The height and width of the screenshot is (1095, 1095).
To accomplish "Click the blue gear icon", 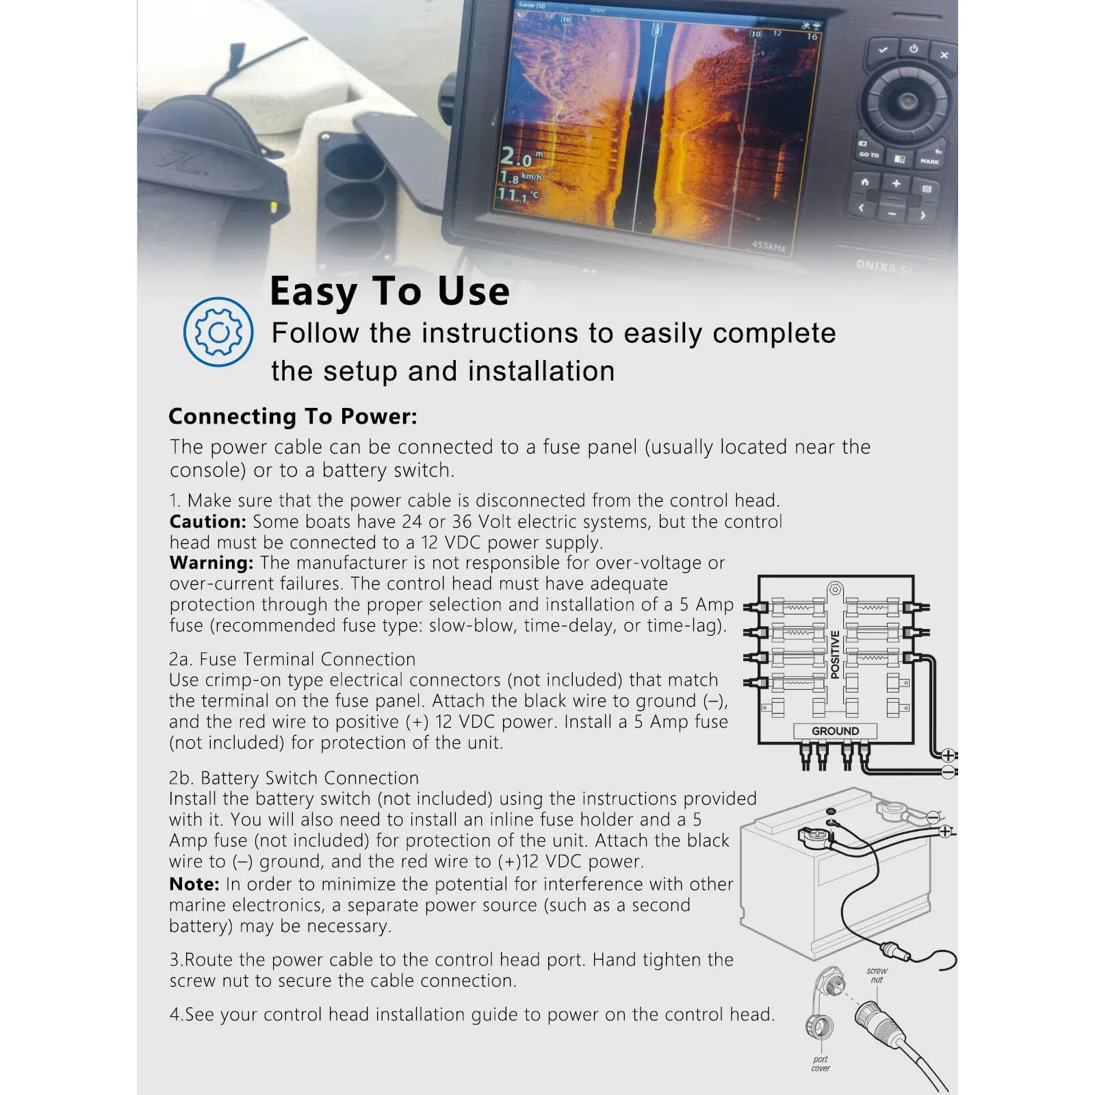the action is tap(218, 332).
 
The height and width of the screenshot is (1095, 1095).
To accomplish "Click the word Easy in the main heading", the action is tap(313, 292).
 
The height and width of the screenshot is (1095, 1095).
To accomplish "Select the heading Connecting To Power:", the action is tap(293, 416).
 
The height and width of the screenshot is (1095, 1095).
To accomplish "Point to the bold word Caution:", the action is tap(208, 521).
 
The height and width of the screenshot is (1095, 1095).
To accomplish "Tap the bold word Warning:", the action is tap(211, 563).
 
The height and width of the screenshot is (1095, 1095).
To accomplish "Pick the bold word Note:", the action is tap(194, 884).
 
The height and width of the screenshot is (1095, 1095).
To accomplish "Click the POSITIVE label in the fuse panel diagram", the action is tap(835, 654).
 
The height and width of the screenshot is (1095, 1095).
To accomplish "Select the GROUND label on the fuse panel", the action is tap(835, 731).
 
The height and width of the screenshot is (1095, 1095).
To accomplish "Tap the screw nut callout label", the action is tap(877, 975).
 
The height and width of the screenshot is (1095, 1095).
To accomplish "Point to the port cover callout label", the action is tap(821, 1063).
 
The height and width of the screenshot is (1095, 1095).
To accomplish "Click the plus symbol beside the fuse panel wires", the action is tap(948, 756).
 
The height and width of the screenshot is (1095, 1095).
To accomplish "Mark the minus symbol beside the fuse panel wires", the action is tap(949, 772).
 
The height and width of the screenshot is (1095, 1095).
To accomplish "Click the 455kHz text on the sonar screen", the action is tap(769, 245).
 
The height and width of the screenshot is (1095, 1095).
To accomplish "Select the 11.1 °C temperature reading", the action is tap(517, 195).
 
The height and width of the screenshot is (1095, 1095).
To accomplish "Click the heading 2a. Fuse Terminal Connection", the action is tap(292, 659).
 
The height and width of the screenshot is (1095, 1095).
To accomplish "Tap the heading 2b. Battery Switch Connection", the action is tap(294, 778).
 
